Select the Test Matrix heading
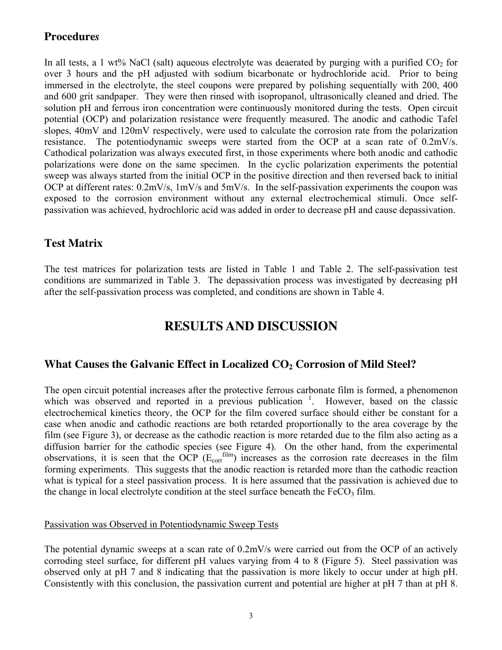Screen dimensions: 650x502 tap(73, 244)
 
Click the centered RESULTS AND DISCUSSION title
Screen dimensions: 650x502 tap(251, 327)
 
